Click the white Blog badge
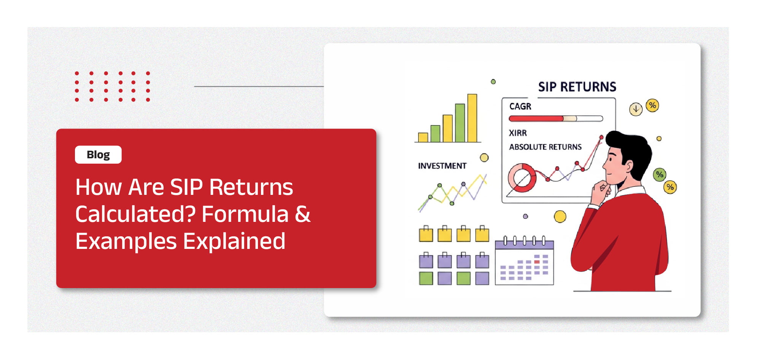(98, 155)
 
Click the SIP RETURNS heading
(577, 87)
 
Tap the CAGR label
(520, 107)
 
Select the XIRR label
(518, 133)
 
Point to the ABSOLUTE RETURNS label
(545, 147)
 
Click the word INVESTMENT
(442, 166)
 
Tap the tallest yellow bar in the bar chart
(472, 118)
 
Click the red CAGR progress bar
(536, 118)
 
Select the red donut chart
(522, 178)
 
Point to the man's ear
(628, 166)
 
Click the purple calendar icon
(524, 261)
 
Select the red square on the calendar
(537, 262)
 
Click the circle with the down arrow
(636, 109)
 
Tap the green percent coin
(660, 175)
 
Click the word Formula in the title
(245, 214)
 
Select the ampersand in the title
(303, 214)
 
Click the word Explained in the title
(234, 242)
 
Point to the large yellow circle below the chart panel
(560, 217)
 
